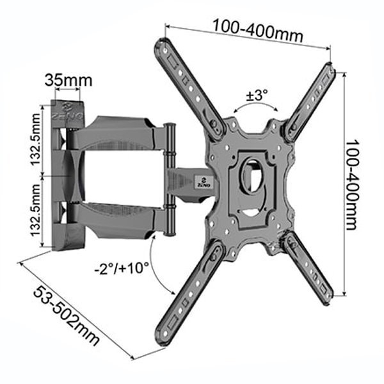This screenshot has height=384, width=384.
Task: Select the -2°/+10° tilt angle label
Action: pos(122,268)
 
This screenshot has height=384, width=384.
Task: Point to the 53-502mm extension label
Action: pos(67,316)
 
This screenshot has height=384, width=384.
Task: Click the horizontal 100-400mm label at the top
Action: pos(258,30)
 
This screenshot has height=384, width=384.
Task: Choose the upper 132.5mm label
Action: pos(35,139)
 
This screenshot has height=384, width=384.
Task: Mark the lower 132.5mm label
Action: pos(35,210)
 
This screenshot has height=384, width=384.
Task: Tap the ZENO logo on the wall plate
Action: pos(67,111)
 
